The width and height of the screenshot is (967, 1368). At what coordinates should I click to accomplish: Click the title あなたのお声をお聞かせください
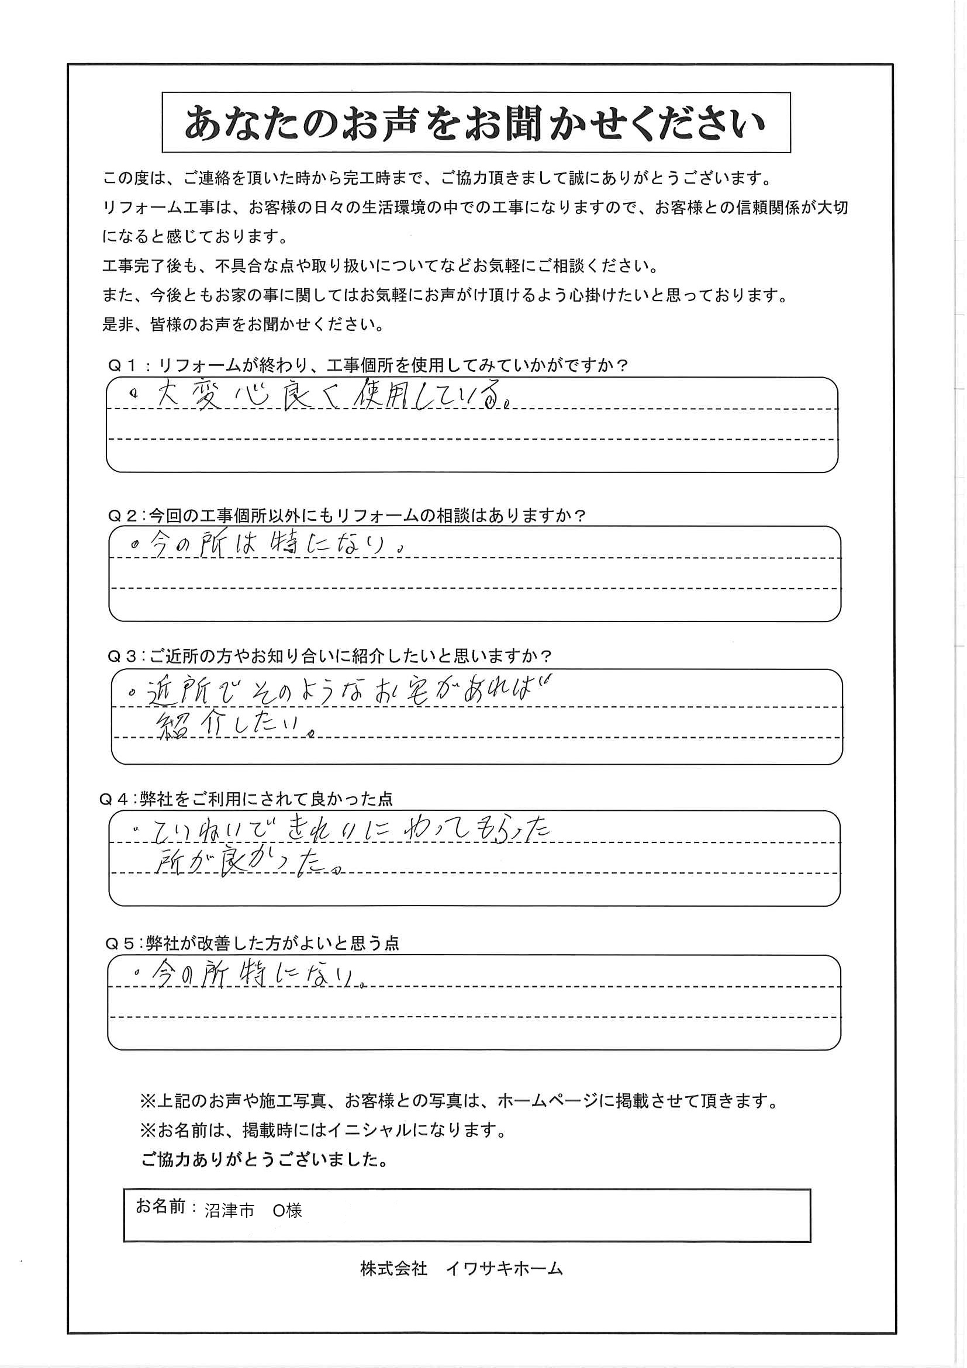pos(475,123)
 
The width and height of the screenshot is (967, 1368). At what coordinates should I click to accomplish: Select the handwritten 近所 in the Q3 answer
pos(175,693)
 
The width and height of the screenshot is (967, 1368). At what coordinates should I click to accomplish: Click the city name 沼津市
pos(229,1210)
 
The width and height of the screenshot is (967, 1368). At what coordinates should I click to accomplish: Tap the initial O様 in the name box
pos(288,1210)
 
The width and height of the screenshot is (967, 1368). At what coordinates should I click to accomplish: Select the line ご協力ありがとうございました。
pos(264,1159)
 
